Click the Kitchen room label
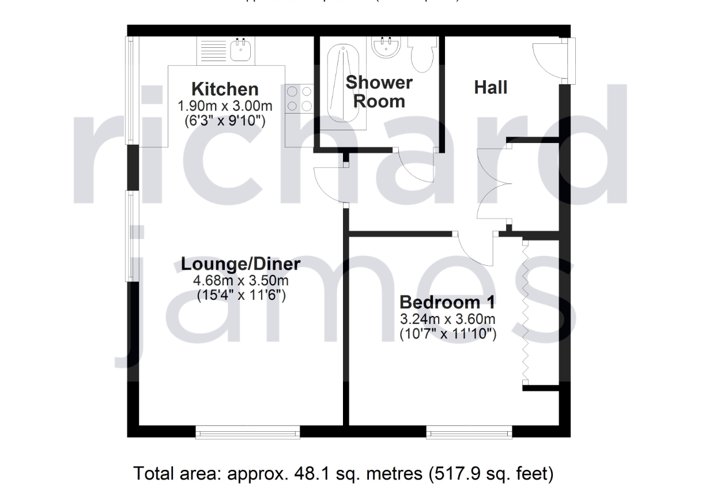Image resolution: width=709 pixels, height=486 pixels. point(224,89)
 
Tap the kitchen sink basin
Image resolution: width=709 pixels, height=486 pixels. point(239,50)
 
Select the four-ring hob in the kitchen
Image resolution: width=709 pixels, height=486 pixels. point(299,98)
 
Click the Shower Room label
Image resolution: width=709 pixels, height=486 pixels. point(379,92)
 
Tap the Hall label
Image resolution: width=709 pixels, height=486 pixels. point(491,88)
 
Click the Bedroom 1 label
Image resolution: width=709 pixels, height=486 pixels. point(448,302)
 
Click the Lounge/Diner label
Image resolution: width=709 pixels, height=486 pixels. point(240,264)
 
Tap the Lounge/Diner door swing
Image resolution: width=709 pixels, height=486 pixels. point(330,183)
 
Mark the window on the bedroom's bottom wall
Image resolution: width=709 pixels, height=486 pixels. point(469,432)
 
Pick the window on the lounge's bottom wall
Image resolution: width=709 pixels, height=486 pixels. point(247,432)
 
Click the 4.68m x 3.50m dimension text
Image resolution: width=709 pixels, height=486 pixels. point(240,281)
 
